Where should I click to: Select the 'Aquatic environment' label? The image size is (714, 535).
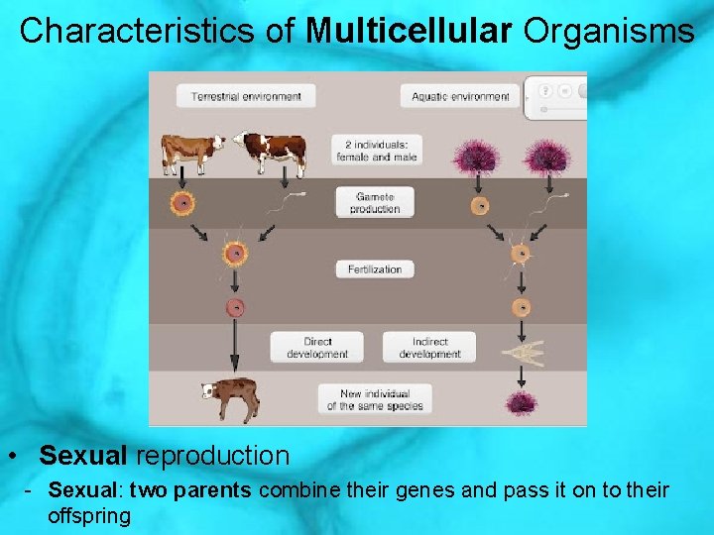[x=460, y=96]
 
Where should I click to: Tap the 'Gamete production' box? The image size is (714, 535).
[x=377, y=203]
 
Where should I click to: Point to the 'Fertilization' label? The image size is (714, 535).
[x=375, y=269]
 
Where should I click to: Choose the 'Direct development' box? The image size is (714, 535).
[x=317, y=348]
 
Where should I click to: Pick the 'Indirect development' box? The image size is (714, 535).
[x=429, y=348]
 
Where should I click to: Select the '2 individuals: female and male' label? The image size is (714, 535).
[x=377, y=150]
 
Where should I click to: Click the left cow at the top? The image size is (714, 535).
[x=193, y=152]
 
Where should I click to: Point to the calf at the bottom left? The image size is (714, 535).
[x=230, y=398]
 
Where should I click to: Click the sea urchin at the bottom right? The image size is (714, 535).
[x=520, y=402]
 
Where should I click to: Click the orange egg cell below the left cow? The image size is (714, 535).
[x=182, y=204]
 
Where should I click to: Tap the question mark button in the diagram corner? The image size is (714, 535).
[x=545, y=89]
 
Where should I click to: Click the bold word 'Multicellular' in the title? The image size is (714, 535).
[x=411, y=31]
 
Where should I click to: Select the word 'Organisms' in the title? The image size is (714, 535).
[x=609, y=31]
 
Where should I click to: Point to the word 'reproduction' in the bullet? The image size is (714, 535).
[x=212, y=456]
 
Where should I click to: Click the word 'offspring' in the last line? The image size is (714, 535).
[x=89, y=516]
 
